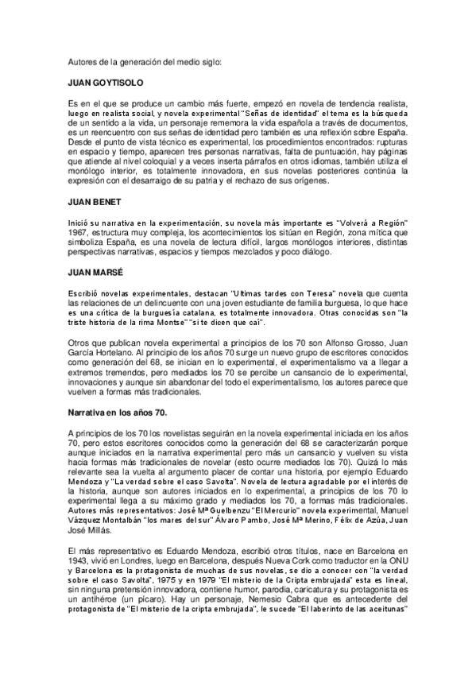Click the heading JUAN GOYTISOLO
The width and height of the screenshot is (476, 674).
click(x=105, y=82)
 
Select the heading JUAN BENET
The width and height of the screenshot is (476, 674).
click(x=89, y=203)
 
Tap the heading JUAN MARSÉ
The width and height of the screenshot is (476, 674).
click(x=90, y=272)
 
